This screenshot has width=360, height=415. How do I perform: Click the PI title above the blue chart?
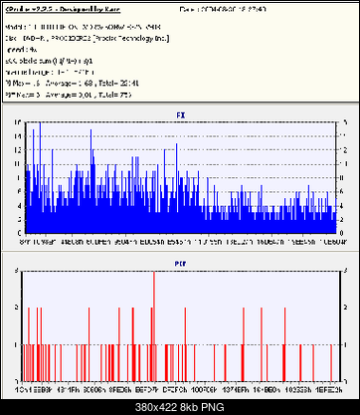click(x=179, y=113)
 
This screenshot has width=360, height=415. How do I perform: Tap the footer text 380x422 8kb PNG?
click(x=179, y=406)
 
